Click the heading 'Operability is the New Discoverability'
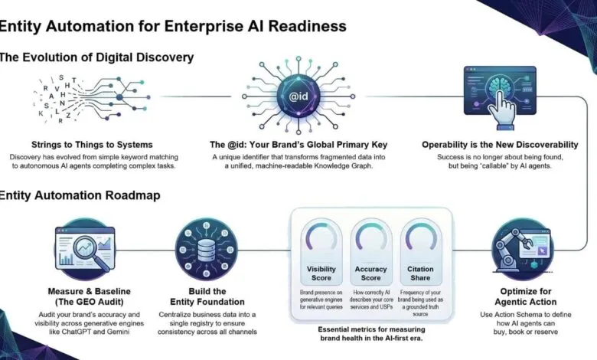tap(498, 143)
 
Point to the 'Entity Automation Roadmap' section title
tap(80, 195)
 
